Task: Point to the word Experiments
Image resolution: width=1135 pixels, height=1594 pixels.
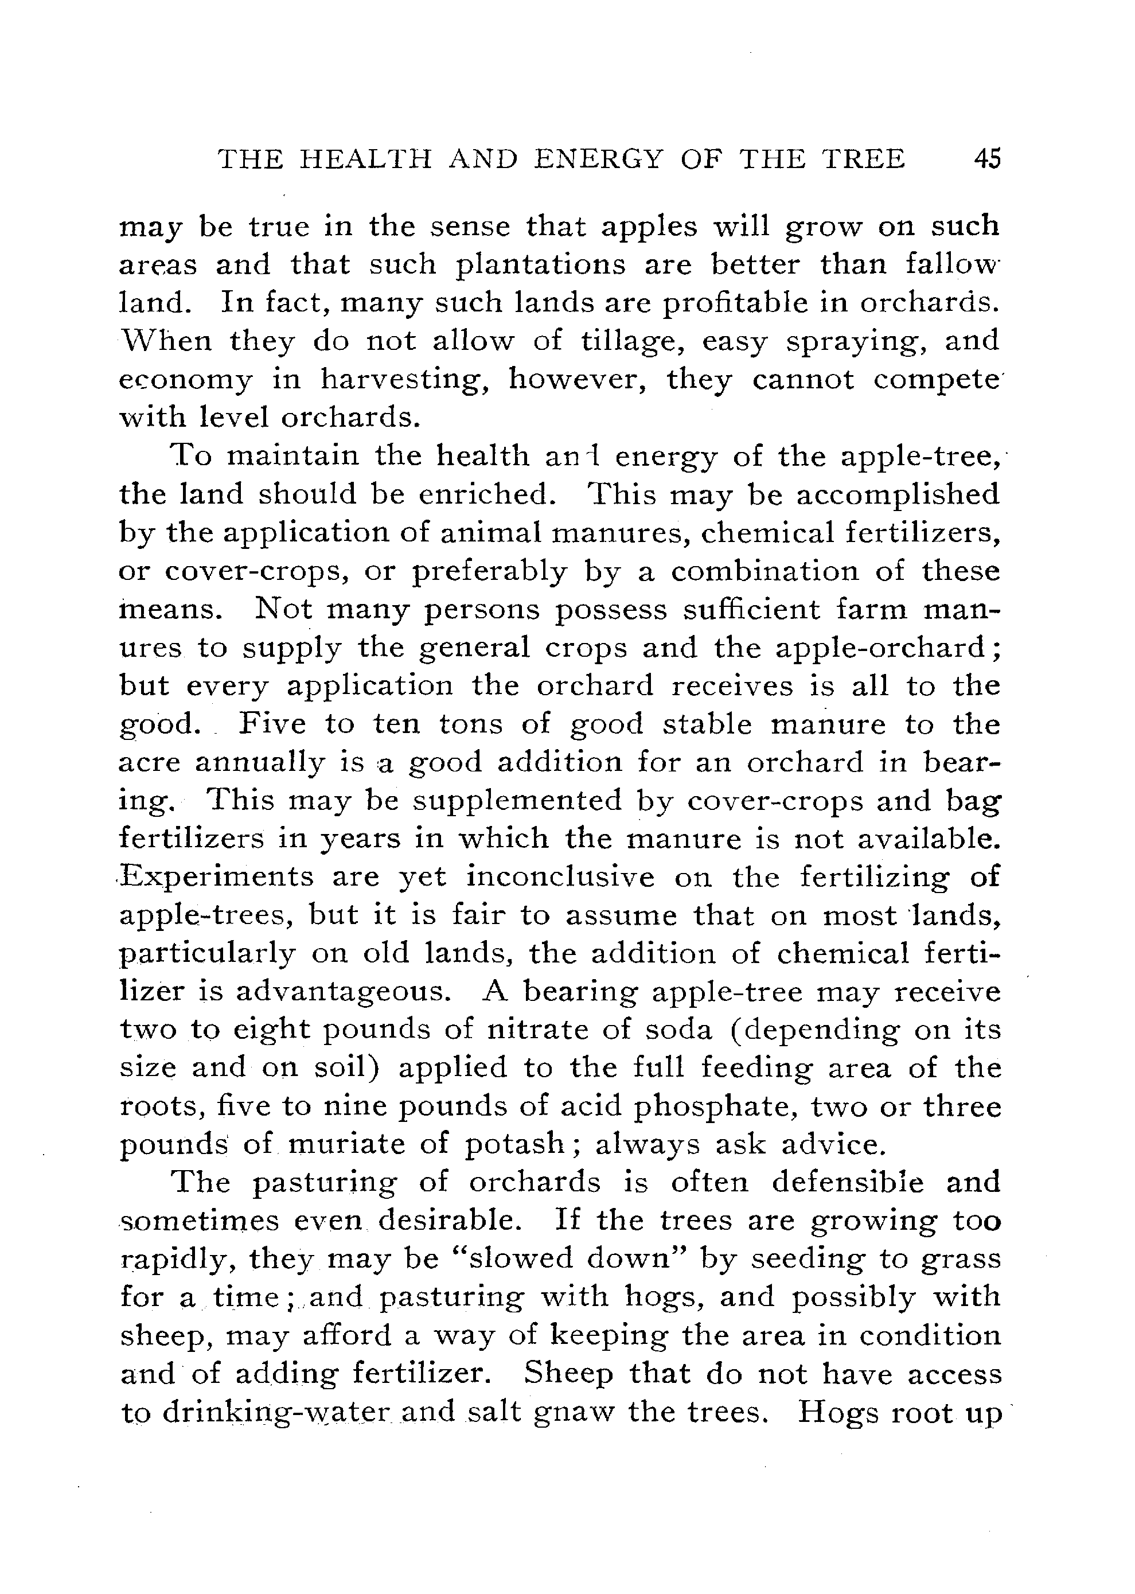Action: pos(217,878)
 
